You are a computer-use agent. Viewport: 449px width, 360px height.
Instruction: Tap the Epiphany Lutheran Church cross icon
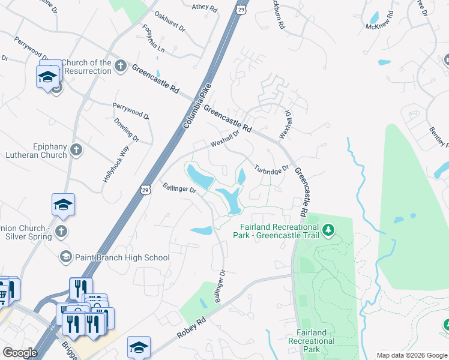tap(76, 150)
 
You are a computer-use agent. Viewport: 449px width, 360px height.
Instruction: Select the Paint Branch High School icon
tap(65, 257)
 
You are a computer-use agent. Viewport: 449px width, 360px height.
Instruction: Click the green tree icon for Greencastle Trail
tap(328, 230)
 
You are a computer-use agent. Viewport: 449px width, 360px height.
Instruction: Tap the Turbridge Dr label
tap(271, 170)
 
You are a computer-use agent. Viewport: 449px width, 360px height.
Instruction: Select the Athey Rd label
tap(203, 7)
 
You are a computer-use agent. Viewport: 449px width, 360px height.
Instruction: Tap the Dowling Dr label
tap(127, 130)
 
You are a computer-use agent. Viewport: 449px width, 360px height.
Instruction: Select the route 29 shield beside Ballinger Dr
tap(145, 190)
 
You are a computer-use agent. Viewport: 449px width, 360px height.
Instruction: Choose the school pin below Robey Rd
tap(139, 347)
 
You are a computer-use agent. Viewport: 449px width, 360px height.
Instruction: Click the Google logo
tap(20, 353)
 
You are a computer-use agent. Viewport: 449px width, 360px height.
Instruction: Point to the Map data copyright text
tap(412, 355)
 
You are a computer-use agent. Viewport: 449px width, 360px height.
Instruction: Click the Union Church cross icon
tap(61, 232)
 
